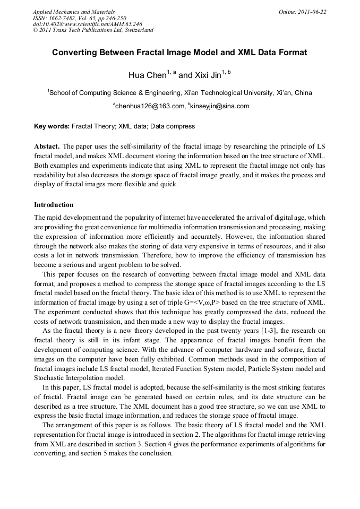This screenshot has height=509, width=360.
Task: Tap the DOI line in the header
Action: click(x=88, y=24)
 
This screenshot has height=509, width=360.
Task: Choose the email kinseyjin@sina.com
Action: click(x=219, y=106)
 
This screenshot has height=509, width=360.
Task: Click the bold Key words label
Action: click(x=52, y=126)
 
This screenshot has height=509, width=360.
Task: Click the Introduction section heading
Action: click(x=54, y=205)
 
